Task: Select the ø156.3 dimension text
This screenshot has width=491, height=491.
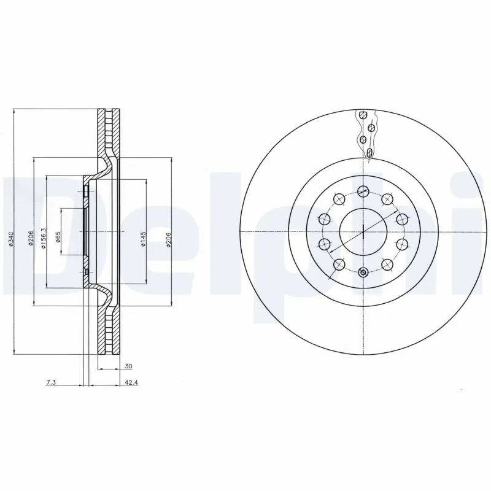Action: tap(43, 238)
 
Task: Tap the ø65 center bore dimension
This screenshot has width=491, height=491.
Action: tap(58, 238)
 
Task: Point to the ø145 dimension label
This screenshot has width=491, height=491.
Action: tap(142, 238)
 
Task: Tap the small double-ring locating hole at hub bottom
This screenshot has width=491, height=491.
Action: tap(363, 273)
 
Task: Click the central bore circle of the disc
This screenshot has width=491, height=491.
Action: tap(363, 231)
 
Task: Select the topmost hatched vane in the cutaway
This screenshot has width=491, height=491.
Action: tap(363, 115)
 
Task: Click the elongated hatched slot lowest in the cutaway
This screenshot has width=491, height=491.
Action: tap(369, 152)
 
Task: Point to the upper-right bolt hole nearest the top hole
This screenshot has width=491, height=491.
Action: tap(387, 198)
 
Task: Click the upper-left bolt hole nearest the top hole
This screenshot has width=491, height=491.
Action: tap(339, 198)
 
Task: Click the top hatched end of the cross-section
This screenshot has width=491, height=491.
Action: tap(107, 117)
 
